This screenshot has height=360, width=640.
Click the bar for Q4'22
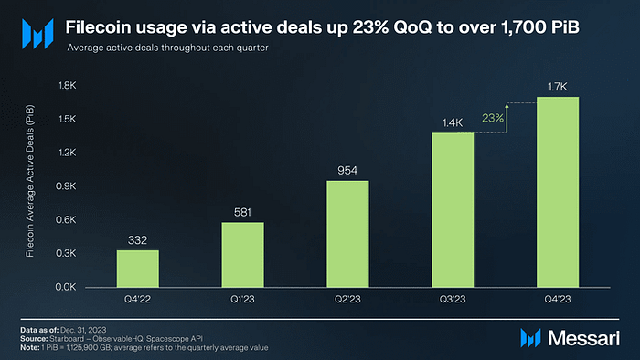tap(137, 268)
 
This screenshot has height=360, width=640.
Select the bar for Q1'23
tap(242, 254)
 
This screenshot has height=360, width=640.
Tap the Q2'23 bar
tap(347, 233)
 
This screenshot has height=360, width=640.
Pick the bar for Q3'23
tap(453, 209)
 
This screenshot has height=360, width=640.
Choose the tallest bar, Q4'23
tap(558, 191)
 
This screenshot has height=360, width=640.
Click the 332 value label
tap(137, 240)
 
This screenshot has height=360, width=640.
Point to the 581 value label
tap(242, 212)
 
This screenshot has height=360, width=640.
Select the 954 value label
tap(347, 171)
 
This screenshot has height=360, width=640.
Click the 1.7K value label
tap(558, 87)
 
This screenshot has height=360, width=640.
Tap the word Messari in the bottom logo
tap(584, 338)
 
